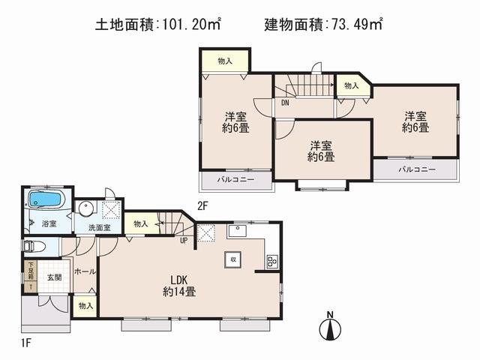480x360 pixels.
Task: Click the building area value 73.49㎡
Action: pos(354,25)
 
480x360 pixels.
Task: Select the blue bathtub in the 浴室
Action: pos(47,202)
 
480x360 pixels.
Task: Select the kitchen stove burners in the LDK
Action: pos(271,261)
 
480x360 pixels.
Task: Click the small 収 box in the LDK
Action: pos(232,259)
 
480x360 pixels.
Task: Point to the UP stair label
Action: pos(183,241)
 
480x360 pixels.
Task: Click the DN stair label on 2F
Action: pos(286,103)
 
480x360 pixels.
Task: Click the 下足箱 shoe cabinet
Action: pos(31,275)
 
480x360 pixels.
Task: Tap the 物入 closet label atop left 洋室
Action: pos(225,60)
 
